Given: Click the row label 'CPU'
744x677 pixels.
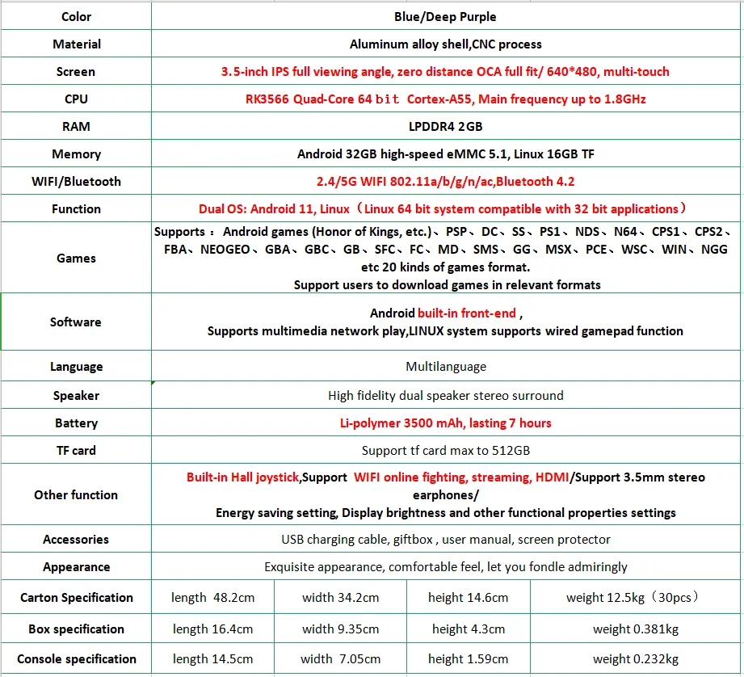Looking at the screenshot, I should (x=76, y=99).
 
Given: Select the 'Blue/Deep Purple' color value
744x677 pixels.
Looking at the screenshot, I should (x=445, y=16).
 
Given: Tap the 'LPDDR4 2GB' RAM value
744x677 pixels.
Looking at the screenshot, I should (x=445, y=127).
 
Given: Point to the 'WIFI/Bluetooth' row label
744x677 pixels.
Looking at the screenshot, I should (x=76, y=182).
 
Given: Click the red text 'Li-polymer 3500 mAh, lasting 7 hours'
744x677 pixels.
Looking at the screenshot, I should (x=445, y=423).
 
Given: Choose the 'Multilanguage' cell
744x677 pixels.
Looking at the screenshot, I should (x=445, y=367).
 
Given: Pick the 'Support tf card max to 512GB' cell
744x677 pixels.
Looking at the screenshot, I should (x=445, y=451).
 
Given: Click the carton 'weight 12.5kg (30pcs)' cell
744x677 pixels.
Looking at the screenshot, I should (x=633, y=598).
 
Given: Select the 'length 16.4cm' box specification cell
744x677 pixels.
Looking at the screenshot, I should (x=212, y=629).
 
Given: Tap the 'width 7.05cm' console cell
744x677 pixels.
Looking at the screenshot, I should (x=340, y=659).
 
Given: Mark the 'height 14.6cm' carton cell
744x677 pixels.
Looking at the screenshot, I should (x=469, y=598).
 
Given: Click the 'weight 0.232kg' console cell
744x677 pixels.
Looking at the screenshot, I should (x=635, y=659).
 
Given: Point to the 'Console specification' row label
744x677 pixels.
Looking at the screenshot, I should (x=76, y=659).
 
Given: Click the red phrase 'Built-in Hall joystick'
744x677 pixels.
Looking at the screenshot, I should (x=243, y=477).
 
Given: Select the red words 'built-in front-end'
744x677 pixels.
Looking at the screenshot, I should (x=466, y=313).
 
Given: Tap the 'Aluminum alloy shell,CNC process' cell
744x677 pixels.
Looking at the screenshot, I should (x=445, y=44).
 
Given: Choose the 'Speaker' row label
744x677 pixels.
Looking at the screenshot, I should (x=76, y=396).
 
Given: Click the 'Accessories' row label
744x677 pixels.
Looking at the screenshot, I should (x=76, y=540).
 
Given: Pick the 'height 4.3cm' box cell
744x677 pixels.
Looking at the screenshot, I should (x=469, y=629).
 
